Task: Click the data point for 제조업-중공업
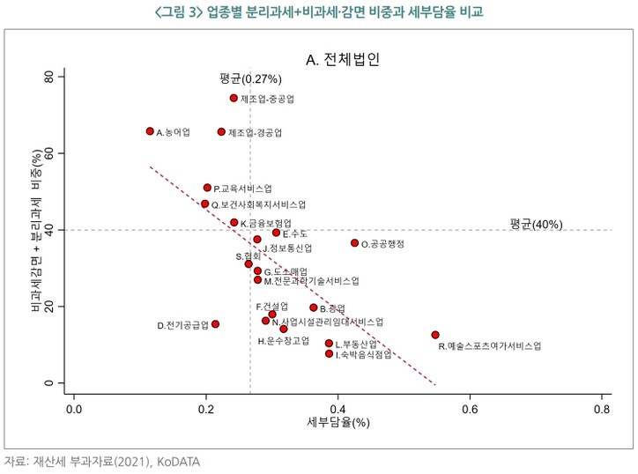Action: click(x=234, y=99)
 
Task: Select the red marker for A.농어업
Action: click(x=150, y=131)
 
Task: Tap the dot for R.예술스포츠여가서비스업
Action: click(x=435, y=335)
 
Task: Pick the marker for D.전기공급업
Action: click(x=215, y=324)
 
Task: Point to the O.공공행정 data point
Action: click(x=355, y=243)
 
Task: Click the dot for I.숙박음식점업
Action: click(x=330, y=353)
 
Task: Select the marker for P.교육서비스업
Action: click(x=207, y=188)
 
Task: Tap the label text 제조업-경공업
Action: click(x=255, y=133)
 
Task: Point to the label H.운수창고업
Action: click(x=283, y=340)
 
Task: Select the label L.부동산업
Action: click(x=356, y=344)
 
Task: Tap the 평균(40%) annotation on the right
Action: click(x=536, y=224)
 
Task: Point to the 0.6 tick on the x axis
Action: click(x=470, y=410)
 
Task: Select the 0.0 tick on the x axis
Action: click(x=74, y=410)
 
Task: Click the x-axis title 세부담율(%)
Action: click(x=338, y=423)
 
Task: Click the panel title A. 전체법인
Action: click(x=343, y=60)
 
